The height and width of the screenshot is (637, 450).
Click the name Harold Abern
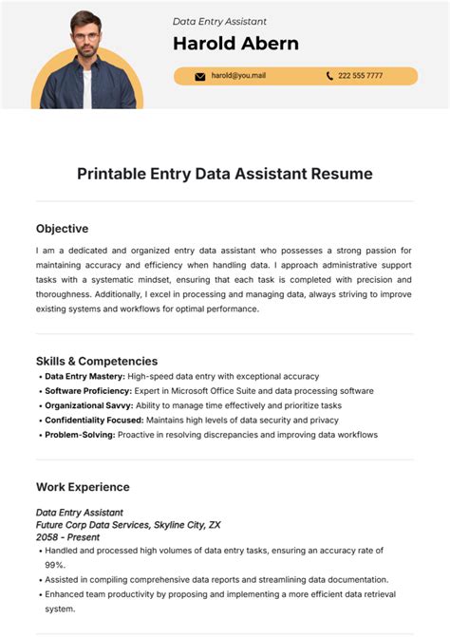pyautogui.click(x=235, y=44)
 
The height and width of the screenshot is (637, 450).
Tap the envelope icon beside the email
pyautogui.click(x=200, y=76)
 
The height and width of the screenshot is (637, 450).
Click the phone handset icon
pyautogui.click(x=329, y=76)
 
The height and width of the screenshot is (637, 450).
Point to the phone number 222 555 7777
pyautogui.click(x=362, y=76)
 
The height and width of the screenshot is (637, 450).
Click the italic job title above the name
pyautogui.click(x=219, y=21)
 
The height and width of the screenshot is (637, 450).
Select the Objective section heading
pyautogui.click(x=62, y=229)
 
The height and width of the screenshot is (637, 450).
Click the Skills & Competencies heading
pyautogui.click(x=97, y=361)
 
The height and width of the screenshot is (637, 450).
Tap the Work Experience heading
pyautogui.click(x=83, y=487)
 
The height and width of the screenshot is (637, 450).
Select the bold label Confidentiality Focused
pyautogui.click(x=94, y=420)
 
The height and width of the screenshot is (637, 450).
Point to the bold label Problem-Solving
pyautogui.click(x=80, y=435)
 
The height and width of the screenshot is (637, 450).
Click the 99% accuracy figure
pyautogui.click(x=55, y=564)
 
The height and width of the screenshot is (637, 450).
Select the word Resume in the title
pyautogui.click(x=345, y=174)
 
